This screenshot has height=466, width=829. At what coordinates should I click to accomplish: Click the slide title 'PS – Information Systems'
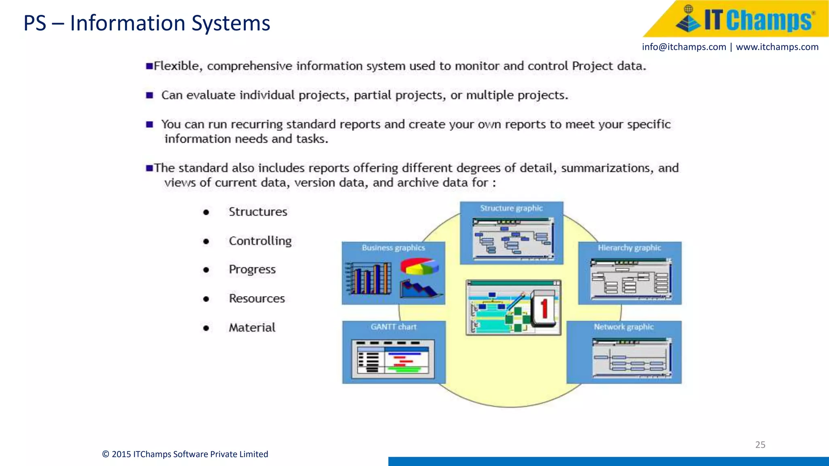tap(147, 23)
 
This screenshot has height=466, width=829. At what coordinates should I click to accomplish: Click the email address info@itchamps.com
tap(684, 47)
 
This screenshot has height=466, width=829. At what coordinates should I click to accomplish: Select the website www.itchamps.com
tap(777, 47)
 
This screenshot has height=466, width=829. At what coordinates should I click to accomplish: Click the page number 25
tap(760, 445)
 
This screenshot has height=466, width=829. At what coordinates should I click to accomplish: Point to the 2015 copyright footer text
tap(185, 454)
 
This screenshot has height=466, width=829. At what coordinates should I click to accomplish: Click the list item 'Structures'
tap(258, 212)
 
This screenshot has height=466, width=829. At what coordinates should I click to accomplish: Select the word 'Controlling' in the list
tap(260, 241)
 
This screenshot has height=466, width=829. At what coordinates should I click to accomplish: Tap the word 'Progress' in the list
tap(252, 269)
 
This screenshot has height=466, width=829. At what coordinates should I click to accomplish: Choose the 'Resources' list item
tap(257, 299)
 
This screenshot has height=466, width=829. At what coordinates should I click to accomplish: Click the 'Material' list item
tap(252, 327)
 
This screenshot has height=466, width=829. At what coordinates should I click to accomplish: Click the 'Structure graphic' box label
tap(511, 208)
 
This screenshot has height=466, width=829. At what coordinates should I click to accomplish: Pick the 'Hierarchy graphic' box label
tap(629, 248)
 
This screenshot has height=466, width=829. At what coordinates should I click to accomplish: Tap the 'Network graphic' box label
tap(623, 327)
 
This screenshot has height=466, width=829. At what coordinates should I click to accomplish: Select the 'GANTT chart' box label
tap(393, 327)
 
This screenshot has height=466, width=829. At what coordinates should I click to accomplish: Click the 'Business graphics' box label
tap(393, 248)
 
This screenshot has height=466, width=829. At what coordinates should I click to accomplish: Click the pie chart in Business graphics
tap(420, 267)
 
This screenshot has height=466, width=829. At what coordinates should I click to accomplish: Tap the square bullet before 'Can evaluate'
tap(150, 95)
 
